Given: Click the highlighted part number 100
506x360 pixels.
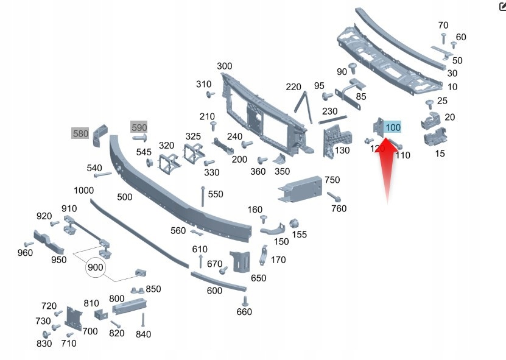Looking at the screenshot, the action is click(393, 127).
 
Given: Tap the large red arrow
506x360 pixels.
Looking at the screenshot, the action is click(387, 168).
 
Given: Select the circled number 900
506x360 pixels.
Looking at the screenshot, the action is click(95, 267).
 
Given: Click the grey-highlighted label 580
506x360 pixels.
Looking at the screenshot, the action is click(80, 133).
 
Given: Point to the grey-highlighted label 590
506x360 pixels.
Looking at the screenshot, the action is click(139, 127).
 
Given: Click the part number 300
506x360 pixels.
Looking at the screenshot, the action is click(224, 66).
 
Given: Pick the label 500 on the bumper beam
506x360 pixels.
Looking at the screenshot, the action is click(125, 197).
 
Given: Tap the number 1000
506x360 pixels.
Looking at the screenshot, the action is click(83, 191).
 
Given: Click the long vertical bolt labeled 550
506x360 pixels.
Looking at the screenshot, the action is click(203, 197).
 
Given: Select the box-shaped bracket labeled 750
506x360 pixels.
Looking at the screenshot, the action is click(300, 189).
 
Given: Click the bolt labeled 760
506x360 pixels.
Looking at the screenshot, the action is click(334, 197).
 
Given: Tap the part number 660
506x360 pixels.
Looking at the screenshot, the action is click(244, 312).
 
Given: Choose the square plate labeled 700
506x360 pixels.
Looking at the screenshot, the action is click(74, 319).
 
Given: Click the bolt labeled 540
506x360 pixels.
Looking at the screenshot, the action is click(103, 175).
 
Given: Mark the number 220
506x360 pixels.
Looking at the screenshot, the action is click(293, 87).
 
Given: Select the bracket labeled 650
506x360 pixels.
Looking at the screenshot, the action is click(241, 261).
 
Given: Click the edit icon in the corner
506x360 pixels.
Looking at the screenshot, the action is click(502, 7).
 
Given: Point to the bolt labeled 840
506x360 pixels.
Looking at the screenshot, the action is click(143, 320).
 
